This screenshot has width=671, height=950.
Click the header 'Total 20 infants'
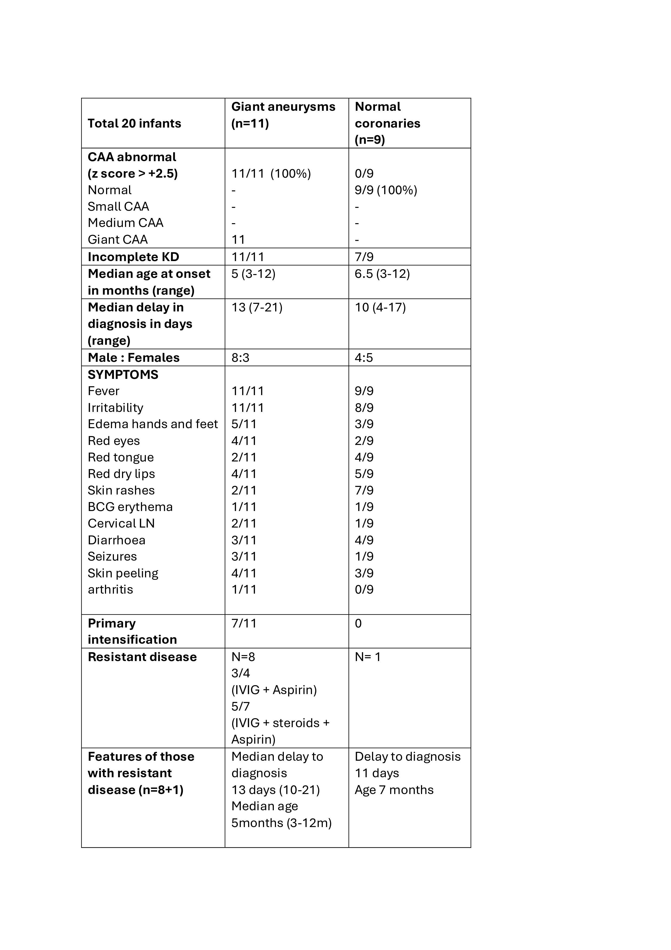pos(134,123)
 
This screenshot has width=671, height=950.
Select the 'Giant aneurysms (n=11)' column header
pos(283,115)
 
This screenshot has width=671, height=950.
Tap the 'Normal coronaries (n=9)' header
pos(387,123)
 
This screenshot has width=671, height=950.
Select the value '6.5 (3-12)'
pos(382,274)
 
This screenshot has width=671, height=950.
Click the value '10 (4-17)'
pos(380,307)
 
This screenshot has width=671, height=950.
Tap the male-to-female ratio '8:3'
pos(240,357)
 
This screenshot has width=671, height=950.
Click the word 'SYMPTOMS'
pos(123,375)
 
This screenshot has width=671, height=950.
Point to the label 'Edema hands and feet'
pos(153,424)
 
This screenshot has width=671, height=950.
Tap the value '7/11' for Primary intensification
pos(244,623)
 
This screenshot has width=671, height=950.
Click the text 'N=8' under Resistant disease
pos(243,657)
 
